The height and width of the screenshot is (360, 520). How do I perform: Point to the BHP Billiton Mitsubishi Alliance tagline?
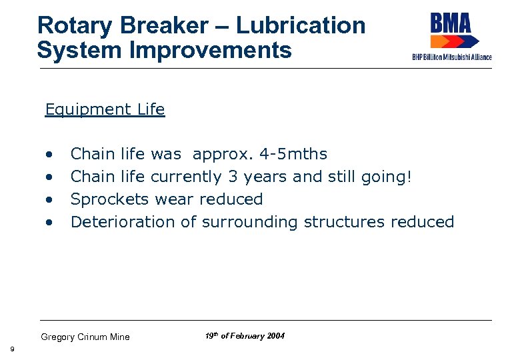[452, 57]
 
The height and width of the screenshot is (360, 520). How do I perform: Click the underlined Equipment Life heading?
[105, 109]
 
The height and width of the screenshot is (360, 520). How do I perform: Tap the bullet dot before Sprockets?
[49, 200]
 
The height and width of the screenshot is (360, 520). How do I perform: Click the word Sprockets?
[110, 199]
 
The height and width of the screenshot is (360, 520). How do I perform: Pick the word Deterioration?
[123, 222]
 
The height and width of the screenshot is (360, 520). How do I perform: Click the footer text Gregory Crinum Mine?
[85, 337]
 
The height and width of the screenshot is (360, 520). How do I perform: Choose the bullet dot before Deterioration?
[49, 223]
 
